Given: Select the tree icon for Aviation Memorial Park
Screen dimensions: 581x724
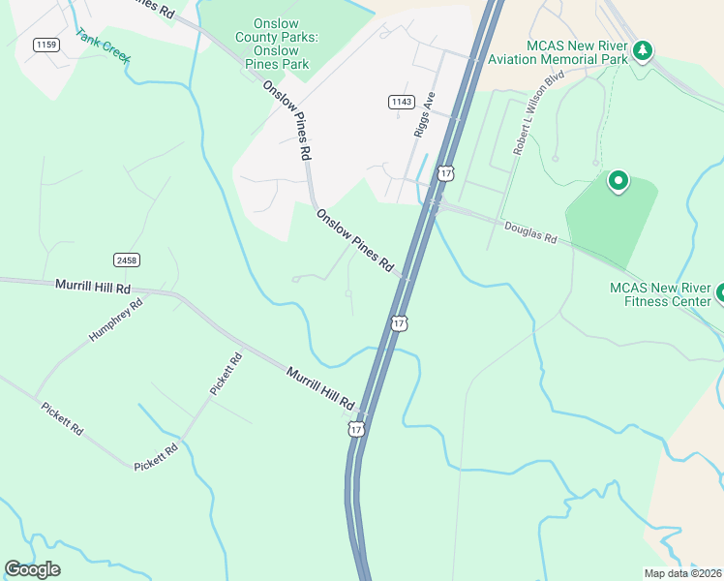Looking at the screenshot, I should [x=642, y=49].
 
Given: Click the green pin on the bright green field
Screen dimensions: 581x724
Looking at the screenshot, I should [x=618, y=181].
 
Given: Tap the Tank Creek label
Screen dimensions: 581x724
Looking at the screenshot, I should [x=104, y=48].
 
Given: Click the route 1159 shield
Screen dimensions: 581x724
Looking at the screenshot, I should [x=45, y=45].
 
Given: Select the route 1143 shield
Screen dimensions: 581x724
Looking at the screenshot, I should [x=401, y=102].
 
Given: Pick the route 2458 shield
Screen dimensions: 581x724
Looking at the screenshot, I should [x=126, y=260].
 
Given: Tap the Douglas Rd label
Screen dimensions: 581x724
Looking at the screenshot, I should [x=531, y=232].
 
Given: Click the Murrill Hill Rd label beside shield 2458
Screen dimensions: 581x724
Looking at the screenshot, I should [x=92, y=288].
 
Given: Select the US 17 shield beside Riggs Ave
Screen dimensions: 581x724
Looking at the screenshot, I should [x=445, y=173].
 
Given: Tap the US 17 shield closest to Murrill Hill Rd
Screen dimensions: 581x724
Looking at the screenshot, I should [x=357, y=428].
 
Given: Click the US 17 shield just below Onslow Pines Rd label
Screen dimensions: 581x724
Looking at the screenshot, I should [x=399, y=322].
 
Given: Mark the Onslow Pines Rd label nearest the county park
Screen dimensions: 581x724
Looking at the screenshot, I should [x=287, y=120].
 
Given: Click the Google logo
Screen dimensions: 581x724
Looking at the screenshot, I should [x=33, y=569].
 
